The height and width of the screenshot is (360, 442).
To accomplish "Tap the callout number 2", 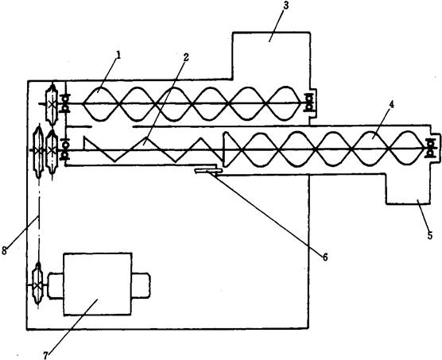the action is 186,57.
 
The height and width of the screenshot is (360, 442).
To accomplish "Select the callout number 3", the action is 285,6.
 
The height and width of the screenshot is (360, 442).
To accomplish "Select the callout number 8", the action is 4,250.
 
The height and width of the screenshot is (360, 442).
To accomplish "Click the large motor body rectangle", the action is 98,284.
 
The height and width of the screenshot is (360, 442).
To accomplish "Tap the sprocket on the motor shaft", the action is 37,285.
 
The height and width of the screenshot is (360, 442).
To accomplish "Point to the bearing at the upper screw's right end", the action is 309,103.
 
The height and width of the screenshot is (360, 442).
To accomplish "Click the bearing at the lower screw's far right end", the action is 429,148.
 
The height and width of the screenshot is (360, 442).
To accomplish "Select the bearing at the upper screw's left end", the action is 65,103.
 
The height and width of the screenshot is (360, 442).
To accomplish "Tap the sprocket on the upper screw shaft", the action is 52,105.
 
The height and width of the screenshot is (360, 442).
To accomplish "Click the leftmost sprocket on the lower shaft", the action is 38,151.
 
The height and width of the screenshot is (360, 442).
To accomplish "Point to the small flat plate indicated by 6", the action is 208,170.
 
